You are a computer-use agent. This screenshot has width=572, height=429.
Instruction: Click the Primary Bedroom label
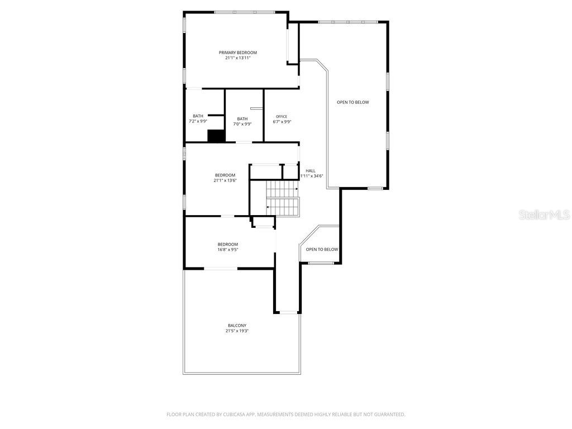click(x=237, y=53)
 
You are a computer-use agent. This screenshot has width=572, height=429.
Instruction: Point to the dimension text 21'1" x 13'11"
click(x=237, y=58)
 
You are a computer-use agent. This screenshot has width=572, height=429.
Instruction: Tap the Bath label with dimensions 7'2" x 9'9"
click(x=198, y=116)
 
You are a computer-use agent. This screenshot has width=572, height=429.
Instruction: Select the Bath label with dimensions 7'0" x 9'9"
click(x=242, y=118)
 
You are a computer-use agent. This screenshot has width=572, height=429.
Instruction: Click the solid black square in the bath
click(x=216, y=136)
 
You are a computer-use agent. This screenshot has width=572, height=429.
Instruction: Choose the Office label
click(x=282, y=116)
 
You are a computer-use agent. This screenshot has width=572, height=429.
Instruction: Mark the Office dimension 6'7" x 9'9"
click(x=282, y=122)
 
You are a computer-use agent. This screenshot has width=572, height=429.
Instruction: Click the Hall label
click(x=311, y=171)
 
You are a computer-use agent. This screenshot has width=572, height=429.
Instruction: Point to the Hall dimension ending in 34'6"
click(x=312, y=176)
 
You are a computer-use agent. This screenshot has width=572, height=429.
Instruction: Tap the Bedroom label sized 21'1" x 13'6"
click(x=225, y=175)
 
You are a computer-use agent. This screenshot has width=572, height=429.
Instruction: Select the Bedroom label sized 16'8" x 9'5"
click(x=227, y=244)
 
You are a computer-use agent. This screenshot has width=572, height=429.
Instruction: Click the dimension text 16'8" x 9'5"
click(x=227, y=250)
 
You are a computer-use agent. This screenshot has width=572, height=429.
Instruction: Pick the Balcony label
click(x=237, y=326)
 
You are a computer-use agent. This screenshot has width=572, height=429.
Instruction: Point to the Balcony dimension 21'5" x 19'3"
click(x=237, y=331)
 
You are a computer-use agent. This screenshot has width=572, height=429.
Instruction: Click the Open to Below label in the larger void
click(x=352, y=102)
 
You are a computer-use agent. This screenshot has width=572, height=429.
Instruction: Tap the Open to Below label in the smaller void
click(x=322, y=249)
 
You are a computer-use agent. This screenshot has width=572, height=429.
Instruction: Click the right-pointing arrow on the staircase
click(x=295, y=189)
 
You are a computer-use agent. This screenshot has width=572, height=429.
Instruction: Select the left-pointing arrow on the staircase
click(x=269, y=207)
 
